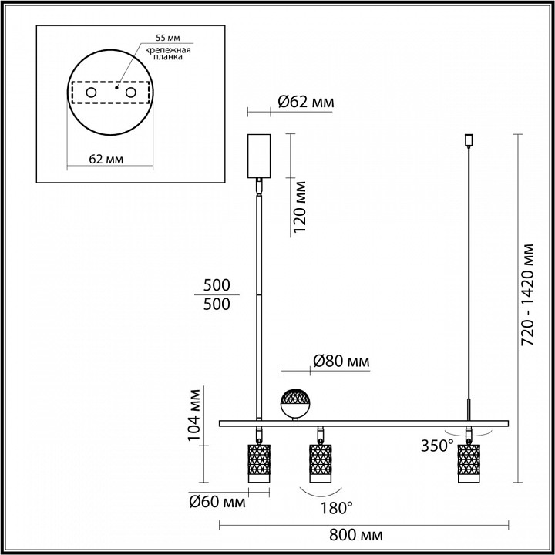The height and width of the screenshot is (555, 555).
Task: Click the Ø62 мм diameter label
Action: (304, 101)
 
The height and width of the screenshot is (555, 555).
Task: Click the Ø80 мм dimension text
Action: (341, 361)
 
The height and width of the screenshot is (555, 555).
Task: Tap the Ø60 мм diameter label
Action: (217, 503)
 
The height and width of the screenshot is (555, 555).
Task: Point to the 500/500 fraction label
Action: (217, 294)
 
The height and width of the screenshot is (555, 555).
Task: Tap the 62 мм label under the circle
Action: (108, 159)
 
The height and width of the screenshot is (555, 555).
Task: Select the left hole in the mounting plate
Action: (91, 93)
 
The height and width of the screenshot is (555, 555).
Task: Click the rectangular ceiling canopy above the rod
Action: (259, 156)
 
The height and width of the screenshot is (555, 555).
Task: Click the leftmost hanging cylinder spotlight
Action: (257, 462)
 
